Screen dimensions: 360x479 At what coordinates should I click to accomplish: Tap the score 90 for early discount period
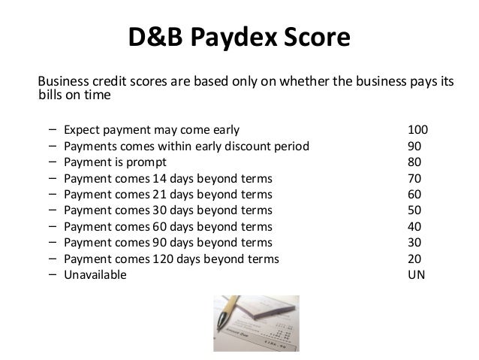point(414,145)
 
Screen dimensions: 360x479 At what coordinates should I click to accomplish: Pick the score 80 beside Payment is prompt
point(414,163)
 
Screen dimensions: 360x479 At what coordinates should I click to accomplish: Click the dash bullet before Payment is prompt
point(50,162)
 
